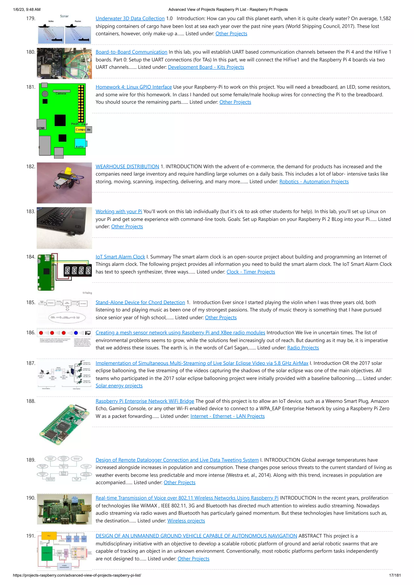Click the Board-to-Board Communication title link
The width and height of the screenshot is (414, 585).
click(131, 52)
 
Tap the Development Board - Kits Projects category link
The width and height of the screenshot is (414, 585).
click(206, 67)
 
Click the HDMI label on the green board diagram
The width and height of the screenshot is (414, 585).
click(41, 128)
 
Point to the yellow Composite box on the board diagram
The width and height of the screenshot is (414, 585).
click(80, 129)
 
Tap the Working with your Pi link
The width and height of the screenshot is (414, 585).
click(119, 211)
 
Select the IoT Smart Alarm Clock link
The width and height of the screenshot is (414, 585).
click(120, 257)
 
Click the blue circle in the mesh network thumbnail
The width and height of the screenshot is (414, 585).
click(76, 333)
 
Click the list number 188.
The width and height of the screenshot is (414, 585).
click(31, 401)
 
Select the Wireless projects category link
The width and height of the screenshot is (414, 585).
click(186, 521)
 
